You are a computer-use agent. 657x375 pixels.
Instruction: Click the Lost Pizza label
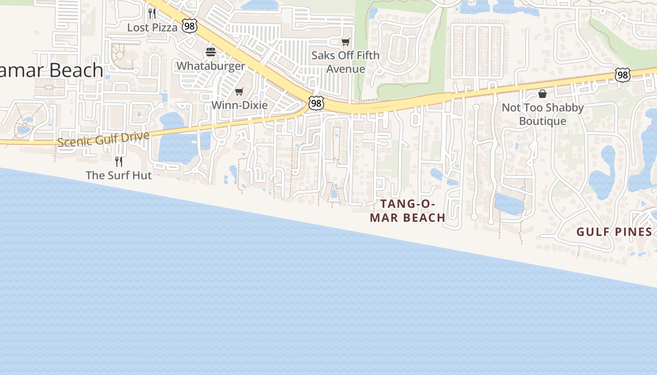(x=152, y=28)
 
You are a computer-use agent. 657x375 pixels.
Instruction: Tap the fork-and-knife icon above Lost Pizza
(x=152, y=13)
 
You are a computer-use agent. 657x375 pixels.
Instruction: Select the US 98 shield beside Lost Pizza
(x=190, y=26)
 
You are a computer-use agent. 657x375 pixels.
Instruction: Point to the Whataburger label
(x=211, y=66)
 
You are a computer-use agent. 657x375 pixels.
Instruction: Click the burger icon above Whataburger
(x=211, y=52)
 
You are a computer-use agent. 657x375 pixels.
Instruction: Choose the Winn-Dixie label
(x=239, y=105)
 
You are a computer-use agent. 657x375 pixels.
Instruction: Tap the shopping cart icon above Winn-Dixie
(x=239, y=91)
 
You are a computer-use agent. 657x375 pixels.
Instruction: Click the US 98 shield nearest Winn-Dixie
(x=316, y=103)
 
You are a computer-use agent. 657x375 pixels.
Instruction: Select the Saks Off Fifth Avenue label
(x=346, y=62)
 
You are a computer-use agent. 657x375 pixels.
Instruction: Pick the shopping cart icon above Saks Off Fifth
(x=346, y=42)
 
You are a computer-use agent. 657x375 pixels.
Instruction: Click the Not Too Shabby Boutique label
(x=543, y=114)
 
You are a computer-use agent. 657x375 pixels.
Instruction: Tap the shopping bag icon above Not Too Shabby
(x=542, y=94)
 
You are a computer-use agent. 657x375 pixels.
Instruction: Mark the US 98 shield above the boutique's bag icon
(x=622, y=75)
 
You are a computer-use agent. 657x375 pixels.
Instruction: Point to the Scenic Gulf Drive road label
(x=104, y=139)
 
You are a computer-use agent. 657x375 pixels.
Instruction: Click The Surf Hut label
(x=119, y=175)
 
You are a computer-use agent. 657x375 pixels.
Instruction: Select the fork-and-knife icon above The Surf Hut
(x=119, y=161)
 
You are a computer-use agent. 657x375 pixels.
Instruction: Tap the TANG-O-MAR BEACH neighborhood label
(x=407, y=210)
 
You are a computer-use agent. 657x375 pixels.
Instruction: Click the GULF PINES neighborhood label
(x=614, y=232)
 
